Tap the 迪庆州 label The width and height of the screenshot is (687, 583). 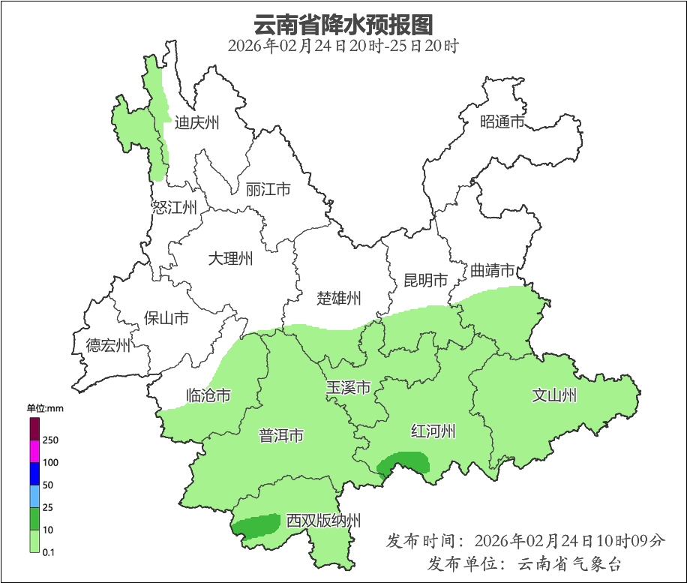point(196,122)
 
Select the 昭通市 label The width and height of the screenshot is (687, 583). point(502,122)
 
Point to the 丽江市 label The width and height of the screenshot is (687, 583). point(268,190)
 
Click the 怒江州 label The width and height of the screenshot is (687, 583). point(174,208)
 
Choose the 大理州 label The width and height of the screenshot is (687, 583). point(230,260)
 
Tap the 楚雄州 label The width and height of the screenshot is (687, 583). point(338,299)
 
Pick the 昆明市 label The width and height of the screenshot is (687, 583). point(425,281)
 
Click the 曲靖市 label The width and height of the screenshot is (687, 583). point(493,270)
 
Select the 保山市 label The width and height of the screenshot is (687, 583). point(166,318)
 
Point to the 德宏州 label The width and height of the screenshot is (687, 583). point(108,346)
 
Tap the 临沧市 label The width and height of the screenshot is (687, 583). point(208,395)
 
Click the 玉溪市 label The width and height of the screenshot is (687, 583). point(348,389)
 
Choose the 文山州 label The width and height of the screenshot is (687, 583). point(554,395)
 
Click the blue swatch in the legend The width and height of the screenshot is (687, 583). point(34,474)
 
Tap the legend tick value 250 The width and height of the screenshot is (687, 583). point(51,440)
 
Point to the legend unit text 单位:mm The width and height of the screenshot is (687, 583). point(45,409)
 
